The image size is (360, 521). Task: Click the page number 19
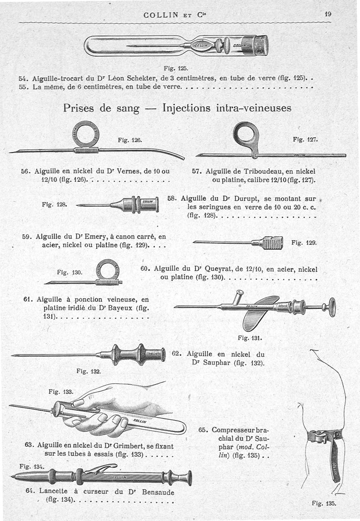click(328, 14)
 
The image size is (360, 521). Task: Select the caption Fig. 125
click(175, 68)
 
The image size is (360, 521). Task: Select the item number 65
click(203, 429)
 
